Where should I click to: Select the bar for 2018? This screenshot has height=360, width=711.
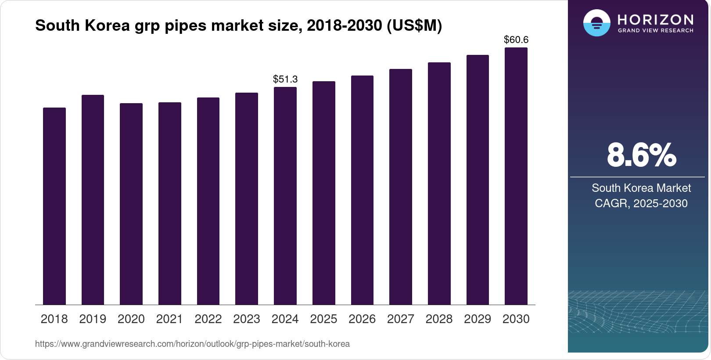click(54, 206)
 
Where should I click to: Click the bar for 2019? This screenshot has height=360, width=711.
click(93, 200)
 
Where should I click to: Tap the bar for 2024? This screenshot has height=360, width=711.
click(285, 196)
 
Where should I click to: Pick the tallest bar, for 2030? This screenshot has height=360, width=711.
click(516, 176)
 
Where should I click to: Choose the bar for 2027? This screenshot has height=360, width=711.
click(401, 187)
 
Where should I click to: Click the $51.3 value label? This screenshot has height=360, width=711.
click(285, 79)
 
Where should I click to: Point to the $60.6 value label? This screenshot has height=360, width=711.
click(516, 40)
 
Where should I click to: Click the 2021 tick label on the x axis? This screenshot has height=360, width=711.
click(169, 319)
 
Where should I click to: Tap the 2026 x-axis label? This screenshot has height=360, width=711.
click(362, 319)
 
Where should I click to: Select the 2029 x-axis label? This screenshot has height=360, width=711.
click(478, 319)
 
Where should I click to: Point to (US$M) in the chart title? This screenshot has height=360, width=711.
click(414, 25)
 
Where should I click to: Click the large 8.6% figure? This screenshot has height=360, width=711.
click(641, 155)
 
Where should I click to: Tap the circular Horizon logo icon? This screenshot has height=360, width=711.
click(596, 23)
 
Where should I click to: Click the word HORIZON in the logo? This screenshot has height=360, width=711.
click(655, 19)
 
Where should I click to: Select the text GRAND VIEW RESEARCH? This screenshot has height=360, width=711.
click(655, 31)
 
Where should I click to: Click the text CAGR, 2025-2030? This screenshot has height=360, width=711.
click(641, 203)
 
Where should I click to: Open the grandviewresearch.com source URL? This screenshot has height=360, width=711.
click(192, 344)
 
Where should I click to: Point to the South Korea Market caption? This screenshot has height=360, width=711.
click(641, 188)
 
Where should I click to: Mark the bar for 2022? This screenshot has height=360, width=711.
click(208, 201)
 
